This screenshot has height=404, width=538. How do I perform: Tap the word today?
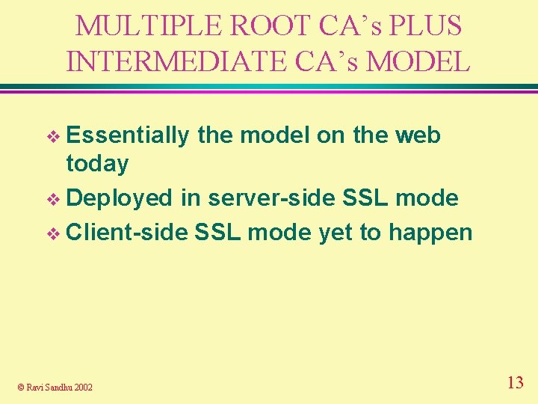pyautogui.click(x=97, y=164)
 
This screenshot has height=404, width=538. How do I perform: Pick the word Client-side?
pyautogui.click(x=128, y=232)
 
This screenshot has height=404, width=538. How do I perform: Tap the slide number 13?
pyautogui.click(x=515, y=383)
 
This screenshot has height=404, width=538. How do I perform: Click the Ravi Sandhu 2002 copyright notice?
pyautogui.click(x=55, y=387)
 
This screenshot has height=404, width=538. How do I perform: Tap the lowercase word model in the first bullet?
pyautogui.click(x=273, y=135)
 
